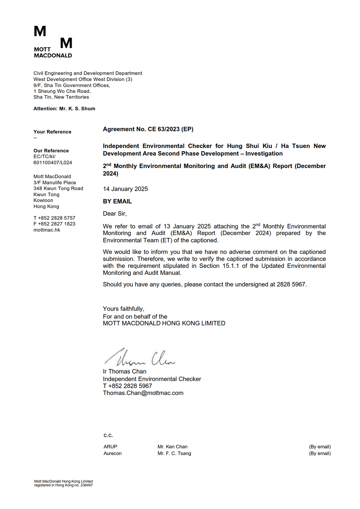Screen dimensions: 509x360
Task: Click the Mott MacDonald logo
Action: (53, 42)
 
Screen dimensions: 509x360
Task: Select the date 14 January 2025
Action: (125, 189)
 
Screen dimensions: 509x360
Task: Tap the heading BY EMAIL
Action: (117, 201)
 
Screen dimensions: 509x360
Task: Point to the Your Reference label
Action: (52, 132)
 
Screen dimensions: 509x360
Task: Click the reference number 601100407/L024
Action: (53, 163)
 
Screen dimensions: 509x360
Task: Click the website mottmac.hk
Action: (47, 230)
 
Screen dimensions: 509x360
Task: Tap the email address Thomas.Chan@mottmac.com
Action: (143, 393)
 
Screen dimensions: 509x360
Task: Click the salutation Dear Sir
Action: (115, 214)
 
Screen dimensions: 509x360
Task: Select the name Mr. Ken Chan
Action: (172, 447)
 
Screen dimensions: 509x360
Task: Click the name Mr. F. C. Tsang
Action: (174, 453)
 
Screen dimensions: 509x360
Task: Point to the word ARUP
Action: (110, 447)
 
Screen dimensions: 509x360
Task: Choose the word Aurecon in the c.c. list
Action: (112, 453)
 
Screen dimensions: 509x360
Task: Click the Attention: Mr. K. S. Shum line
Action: (64, 108)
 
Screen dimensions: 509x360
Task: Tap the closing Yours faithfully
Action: (123, 309)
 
